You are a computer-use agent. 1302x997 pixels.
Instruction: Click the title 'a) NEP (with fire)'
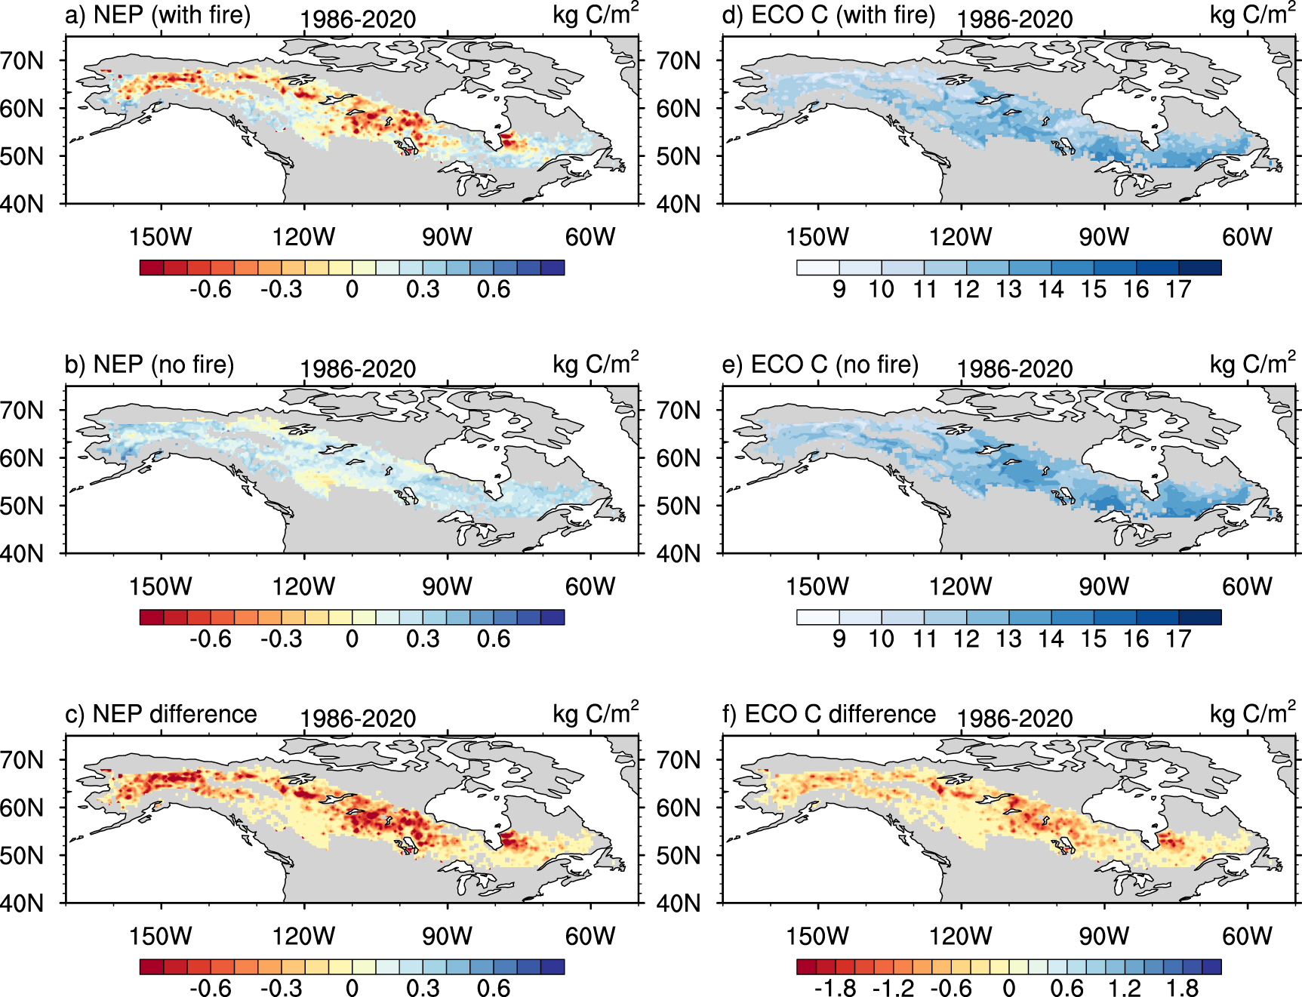pyautogui.click(x=157, y=15)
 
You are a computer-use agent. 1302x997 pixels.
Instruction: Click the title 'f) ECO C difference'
pyautogui.click(x=829, y=714)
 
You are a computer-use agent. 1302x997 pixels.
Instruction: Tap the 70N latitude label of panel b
pyautogui.click(x=23, y=411)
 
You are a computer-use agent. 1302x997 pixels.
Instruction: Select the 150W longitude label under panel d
pyautogui.click(x=817, y=237)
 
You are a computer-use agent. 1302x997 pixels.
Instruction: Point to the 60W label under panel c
pyautogui.click(x=590, y=936)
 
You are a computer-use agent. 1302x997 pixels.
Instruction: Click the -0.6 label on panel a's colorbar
pyautogui.click(x=211, y=290)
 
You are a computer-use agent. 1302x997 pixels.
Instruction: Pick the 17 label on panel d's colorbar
pyautogui.click(x=1178, y=290)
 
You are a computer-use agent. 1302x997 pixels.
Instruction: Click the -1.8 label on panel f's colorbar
pyautogui.click(x=835, y=989)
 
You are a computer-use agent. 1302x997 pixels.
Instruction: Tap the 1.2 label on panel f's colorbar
pyautogui.click(x=1124, y=989)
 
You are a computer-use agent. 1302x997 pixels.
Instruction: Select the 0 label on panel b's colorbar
pyautogui.click(x=352, y=639)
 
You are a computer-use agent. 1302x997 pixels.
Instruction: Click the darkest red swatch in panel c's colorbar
pyautogui.click(x=152, y=967)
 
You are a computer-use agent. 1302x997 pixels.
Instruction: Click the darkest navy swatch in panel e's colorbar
pyautogui.click(x=1200, y=617)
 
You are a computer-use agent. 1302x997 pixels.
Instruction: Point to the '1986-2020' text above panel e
pyautogui.click(x=1014, y=369)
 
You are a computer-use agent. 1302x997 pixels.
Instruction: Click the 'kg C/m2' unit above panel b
pyautogui.click(x=596, y=364)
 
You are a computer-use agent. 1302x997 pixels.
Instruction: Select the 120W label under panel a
pyautogui.click(x=303, y=237)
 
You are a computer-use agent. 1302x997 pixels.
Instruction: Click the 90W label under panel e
pyautogui.click(x=1103, y=586)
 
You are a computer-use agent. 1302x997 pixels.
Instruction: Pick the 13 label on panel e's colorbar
pyautogui.click(x=1008, y=639)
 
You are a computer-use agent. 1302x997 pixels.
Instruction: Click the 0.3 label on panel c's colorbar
pyautogui.click(x=423, y=989)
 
